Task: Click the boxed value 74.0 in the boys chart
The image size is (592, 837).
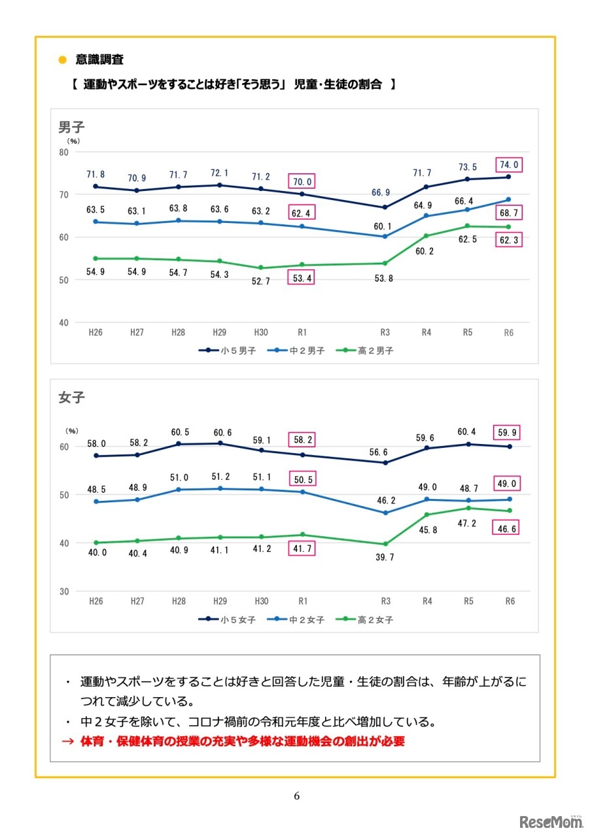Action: click(x=509, y=165)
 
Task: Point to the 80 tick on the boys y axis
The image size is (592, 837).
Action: click(x=64, y=152)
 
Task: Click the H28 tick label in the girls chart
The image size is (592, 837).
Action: click(x=178, y=601)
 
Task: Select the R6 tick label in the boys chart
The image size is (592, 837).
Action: click(x=508, y=333)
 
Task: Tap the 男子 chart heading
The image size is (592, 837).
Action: click(x=71, y=127)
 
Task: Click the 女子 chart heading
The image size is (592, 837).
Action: click(x=71, y=398)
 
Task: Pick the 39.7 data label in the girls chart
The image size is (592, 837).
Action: click(x=385, y=558)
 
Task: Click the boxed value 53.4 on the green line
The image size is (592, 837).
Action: click(x=302, y=279)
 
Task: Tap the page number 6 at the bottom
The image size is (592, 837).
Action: click(x=296, y=796)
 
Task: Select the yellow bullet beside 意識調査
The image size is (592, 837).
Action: click(x=63, y=60)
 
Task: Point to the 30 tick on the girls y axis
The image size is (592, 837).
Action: click(x=64, y=591)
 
